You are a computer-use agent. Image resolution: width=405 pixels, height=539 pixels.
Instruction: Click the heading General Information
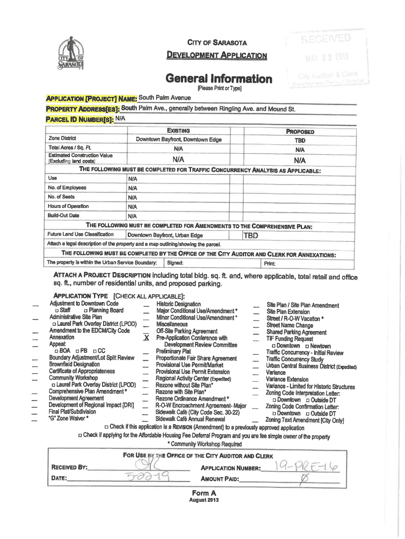tap(219, 79)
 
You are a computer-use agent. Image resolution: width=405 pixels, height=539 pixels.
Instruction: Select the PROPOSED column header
tap(300, 132)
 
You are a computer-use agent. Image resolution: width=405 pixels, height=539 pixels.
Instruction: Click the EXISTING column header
tap(178, 131)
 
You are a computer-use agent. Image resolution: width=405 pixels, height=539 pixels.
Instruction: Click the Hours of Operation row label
tap(68, 206)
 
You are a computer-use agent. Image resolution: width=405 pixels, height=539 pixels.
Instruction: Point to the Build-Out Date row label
tap(63, 216)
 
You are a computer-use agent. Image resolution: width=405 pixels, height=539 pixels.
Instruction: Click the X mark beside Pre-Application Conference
tap(146, 338)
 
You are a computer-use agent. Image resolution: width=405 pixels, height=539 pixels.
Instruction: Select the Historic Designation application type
tap(178, 304)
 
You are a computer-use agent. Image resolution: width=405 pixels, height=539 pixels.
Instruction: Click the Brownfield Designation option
tap(74, 364)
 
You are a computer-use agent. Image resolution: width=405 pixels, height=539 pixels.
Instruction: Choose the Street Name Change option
tap(289, 325)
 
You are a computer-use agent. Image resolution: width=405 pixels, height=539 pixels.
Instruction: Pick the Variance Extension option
tap(287, 380)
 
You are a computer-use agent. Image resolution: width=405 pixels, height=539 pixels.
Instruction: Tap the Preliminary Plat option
tap(173, 351)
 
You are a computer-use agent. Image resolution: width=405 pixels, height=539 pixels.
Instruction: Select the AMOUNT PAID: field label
tap(220, 479)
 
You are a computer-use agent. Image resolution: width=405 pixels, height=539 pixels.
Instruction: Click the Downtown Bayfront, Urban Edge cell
tap(165, 235)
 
